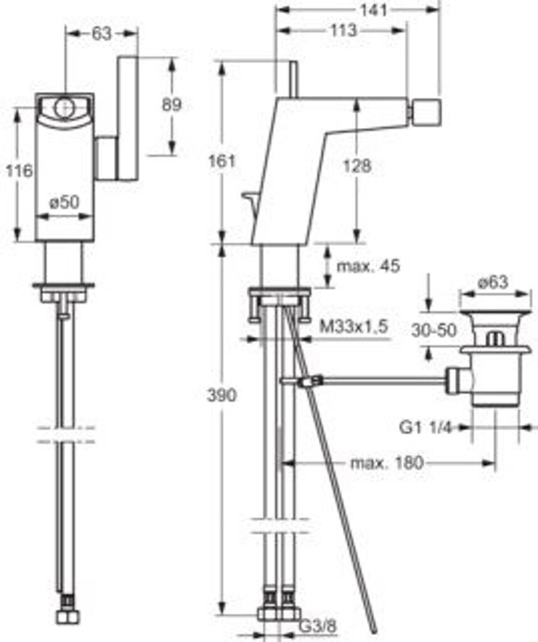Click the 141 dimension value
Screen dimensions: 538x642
[x=374, y=10]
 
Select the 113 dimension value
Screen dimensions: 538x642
[x=344, y=30]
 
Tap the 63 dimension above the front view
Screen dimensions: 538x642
[x=101, y=34]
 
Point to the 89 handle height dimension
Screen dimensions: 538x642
[x=172, y=105]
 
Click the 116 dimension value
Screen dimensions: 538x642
[x=19, y=171]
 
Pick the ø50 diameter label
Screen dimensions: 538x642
[x=64, y=202]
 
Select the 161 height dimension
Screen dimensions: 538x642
[x=223, y=161]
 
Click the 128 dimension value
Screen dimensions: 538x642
[x=357, y=166]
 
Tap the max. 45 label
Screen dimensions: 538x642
[x=367, y=266]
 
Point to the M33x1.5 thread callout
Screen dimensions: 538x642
[x=353, y=327]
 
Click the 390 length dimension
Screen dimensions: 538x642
[x=222, y=395]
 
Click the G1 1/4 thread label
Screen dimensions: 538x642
[x=425, y=428]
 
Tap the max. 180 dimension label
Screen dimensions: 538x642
[x=386, y=463]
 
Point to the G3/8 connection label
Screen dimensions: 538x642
[x=317, y=626]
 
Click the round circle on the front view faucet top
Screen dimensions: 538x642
[x=63, y=108]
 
